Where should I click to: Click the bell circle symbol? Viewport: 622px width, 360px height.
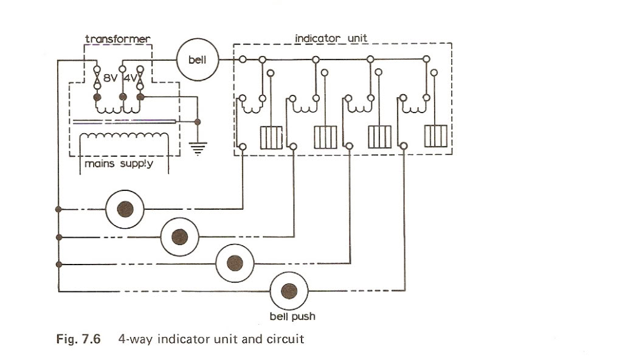pos(196,60)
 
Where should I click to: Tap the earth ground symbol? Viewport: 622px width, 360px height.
pos(198,146)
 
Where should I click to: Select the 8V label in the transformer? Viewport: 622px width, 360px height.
pos(111,78)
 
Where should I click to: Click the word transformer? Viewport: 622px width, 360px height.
pos(117,40)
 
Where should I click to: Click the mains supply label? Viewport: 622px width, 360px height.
pos(119,164)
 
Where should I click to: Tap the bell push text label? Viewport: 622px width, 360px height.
pos(292,316)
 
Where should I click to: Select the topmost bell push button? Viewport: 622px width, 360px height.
pos(125,209)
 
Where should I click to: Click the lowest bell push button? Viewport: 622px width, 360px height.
pos(289,291)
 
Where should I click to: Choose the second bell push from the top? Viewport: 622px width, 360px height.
pos(179,237)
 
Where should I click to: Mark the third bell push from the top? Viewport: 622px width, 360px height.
pos(235,263)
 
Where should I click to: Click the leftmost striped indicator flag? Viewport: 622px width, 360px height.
pos(271,137)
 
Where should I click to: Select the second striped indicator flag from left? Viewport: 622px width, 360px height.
pos(325,137)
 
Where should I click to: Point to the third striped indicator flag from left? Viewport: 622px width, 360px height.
pos(380,137)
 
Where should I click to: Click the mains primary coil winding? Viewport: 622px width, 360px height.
pos(125,136)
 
